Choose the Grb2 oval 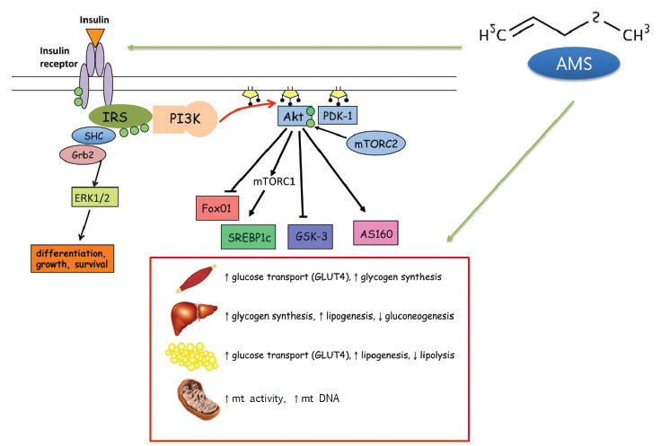[x=82, y=155]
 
